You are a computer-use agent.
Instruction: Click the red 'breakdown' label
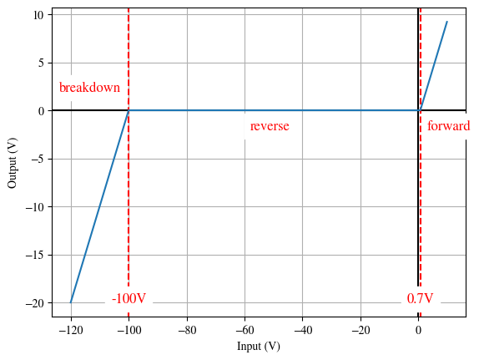[89, 88]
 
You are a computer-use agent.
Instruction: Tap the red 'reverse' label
[270, 126]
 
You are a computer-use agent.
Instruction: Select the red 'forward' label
[448, 126]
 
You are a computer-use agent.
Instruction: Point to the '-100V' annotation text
[129, 298]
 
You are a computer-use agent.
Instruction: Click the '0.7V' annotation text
[420, 298]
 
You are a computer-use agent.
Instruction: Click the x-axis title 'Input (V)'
[258, 347]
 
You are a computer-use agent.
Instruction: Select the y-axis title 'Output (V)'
[13, 162]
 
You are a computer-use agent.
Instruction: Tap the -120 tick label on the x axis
[71, 330]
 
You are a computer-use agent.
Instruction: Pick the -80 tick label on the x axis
[187, 330]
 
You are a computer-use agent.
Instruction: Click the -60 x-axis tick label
[245, 330]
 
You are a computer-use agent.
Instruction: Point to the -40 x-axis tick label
[303, 330]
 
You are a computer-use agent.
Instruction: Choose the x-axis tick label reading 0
[418, 330]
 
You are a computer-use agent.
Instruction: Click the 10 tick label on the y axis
[38, 15]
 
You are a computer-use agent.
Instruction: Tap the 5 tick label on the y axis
[41, 63]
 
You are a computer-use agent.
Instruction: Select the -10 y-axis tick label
[35, 207]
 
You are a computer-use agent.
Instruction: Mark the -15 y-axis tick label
[35, 255]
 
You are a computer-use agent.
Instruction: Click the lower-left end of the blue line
[71, 302]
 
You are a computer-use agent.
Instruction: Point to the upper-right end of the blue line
[447, 22]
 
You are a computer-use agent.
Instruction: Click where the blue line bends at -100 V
[129, 110]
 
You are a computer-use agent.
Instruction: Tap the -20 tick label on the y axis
[35, 303]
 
